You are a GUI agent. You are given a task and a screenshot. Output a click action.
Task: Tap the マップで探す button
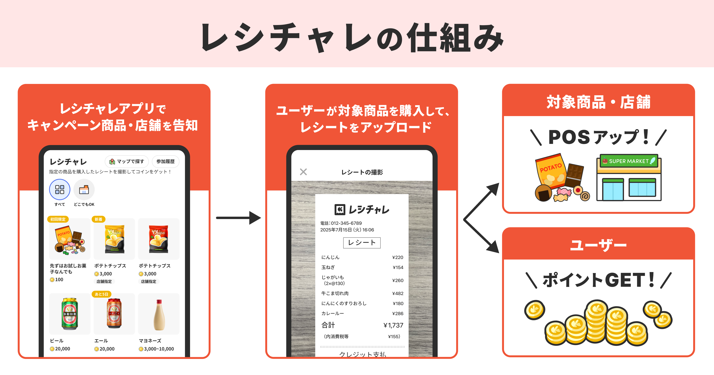[x=127, y=162]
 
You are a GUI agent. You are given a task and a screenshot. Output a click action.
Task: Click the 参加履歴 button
[x=165, y=162]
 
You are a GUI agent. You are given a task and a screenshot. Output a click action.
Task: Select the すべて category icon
[x=59, y=190]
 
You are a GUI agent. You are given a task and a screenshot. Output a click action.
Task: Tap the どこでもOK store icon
[x=84, y=190]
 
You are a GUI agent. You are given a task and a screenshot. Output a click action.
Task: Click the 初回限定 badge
[x=58, y=219]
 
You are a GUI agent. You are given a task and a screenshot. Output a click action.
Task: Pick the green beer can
[x=70, y=314]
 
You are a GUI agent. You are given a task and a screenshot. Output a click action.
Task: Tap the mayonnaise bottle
[x=159, y=315]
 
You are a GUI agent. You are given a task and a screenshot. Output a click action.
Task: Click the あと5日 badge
[x=101, y=294]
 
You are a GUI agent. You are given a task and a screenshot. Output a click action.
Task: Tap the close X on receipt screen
[x=303, y=172]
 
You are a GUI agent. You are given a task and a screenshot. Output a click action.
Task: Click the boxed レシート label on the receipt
[x=362, y=243]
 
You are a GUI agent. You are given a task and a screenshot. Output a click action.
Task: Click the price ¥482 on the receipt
[x=397, y=293]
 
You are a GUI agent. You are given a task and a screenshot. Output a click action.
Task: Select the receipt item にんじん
[x=330, y=257]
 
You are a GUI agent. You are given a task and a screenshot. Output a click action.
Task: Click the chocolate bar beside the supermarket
[x=574, y=175]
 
